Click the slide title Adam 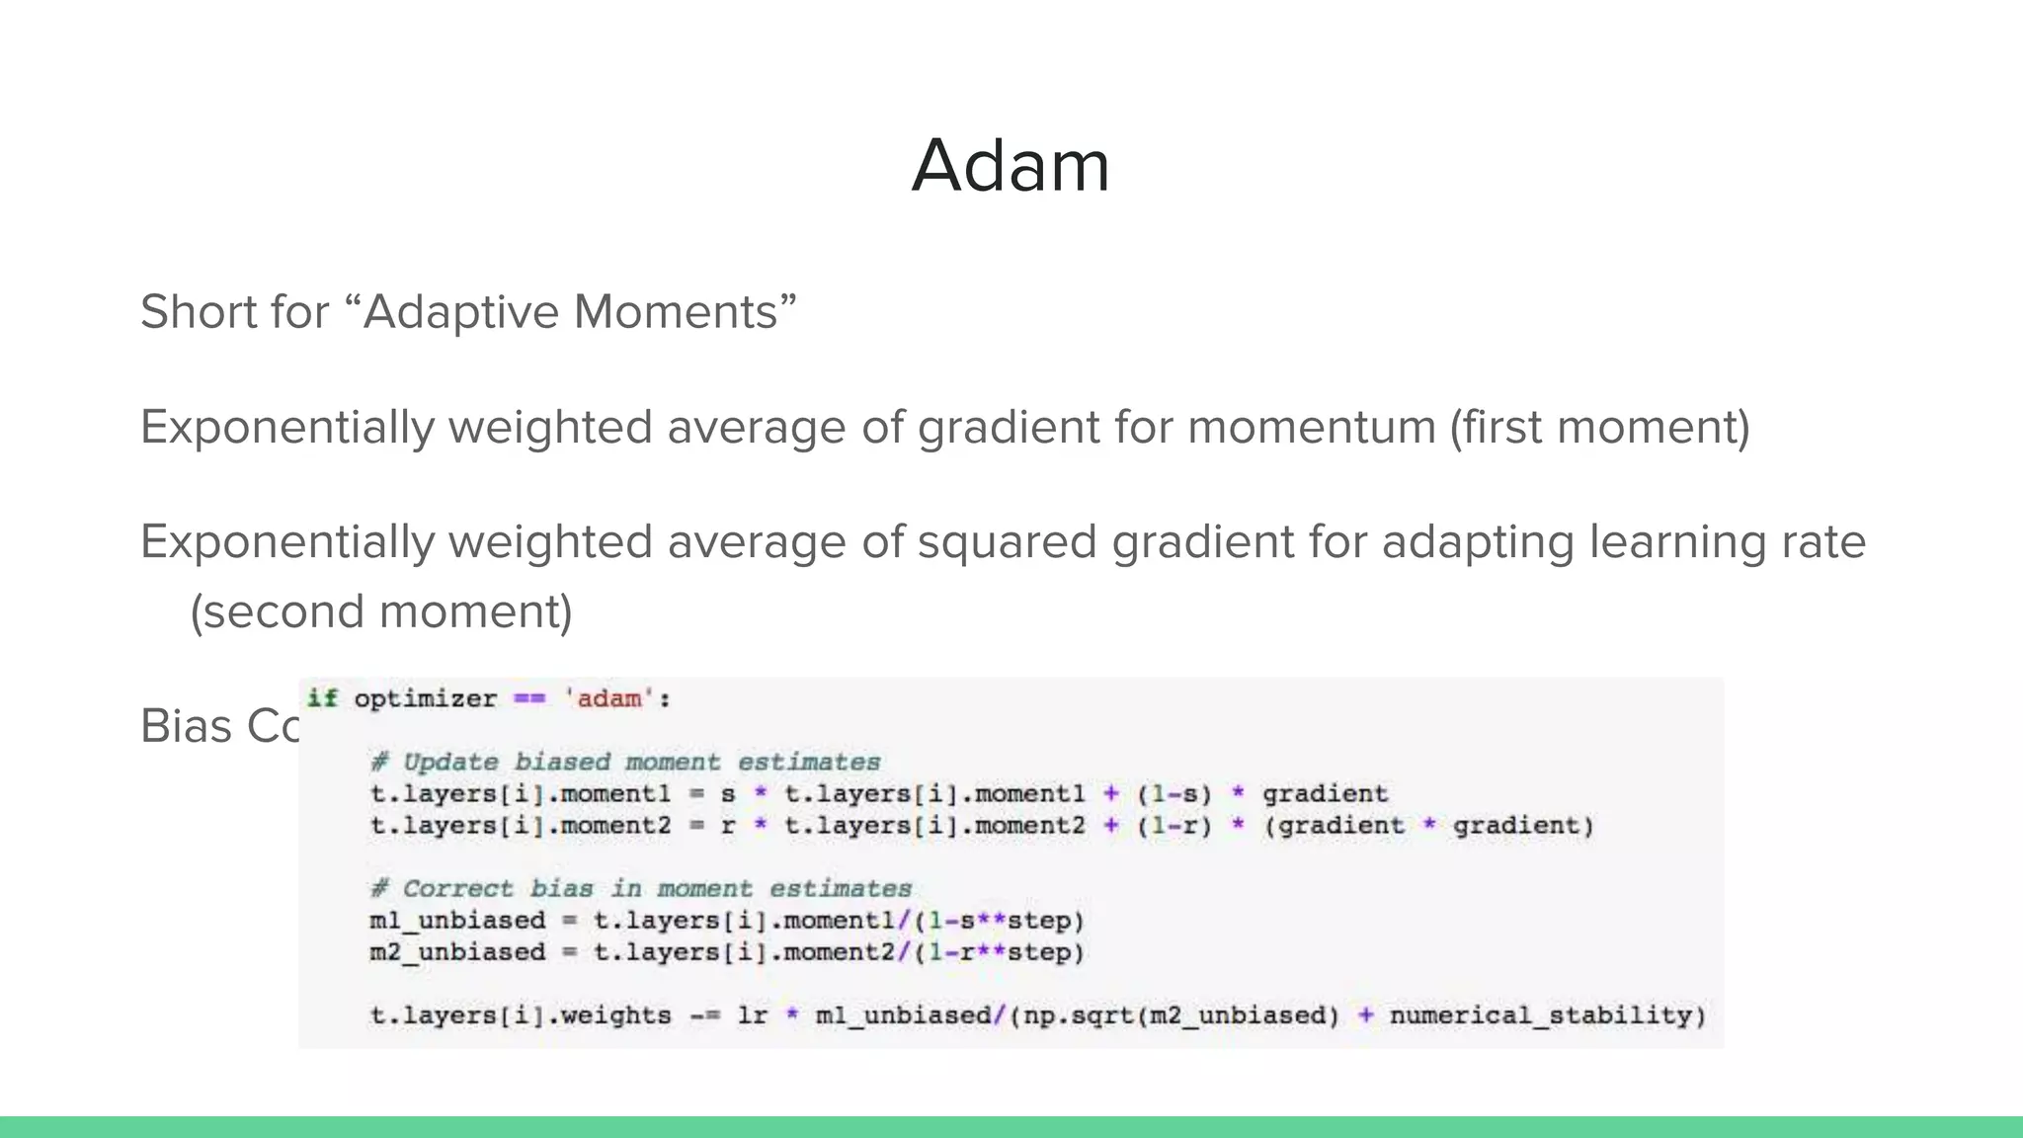pos(1011,165)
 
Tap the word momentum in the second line pos(1311,428)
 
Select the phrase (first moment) pos(1599,428)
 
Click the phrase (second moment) pos(381,611)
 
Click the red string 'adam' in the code pos(608,699)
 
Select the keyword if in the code pos(322,698)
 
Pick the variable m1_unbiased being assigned pos(457,921)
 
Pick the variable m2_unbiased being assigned pos(457,952)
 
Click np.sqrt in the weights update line pos(1077,1016)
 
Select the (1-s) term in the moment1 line pos(1173,794)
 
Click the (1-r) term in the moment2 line pos(1173,826)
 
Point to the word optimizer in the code pos(425,699)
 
